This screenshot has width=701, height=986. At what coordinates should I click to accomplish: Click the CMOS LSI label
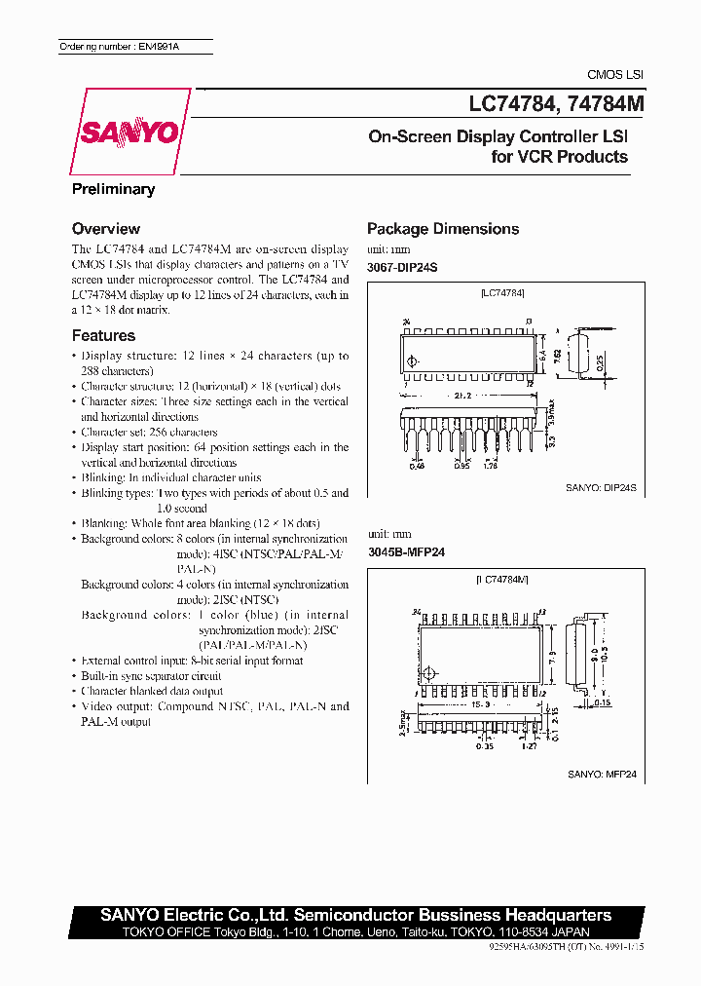point(614,75)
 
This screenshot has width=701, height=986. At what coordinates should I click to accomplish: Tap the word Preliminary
point(113,189)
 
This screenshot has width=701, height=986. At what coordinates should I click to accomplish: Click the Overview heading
point(106,229)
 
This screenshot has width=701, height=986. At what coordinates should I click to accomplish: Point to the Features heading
point(103,335)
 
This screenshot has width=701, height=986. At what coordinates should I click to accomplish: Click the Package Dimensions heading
point(443,229)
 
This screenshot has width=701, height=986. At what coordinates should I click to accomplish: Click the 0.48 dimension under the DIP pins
point(417,467)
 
